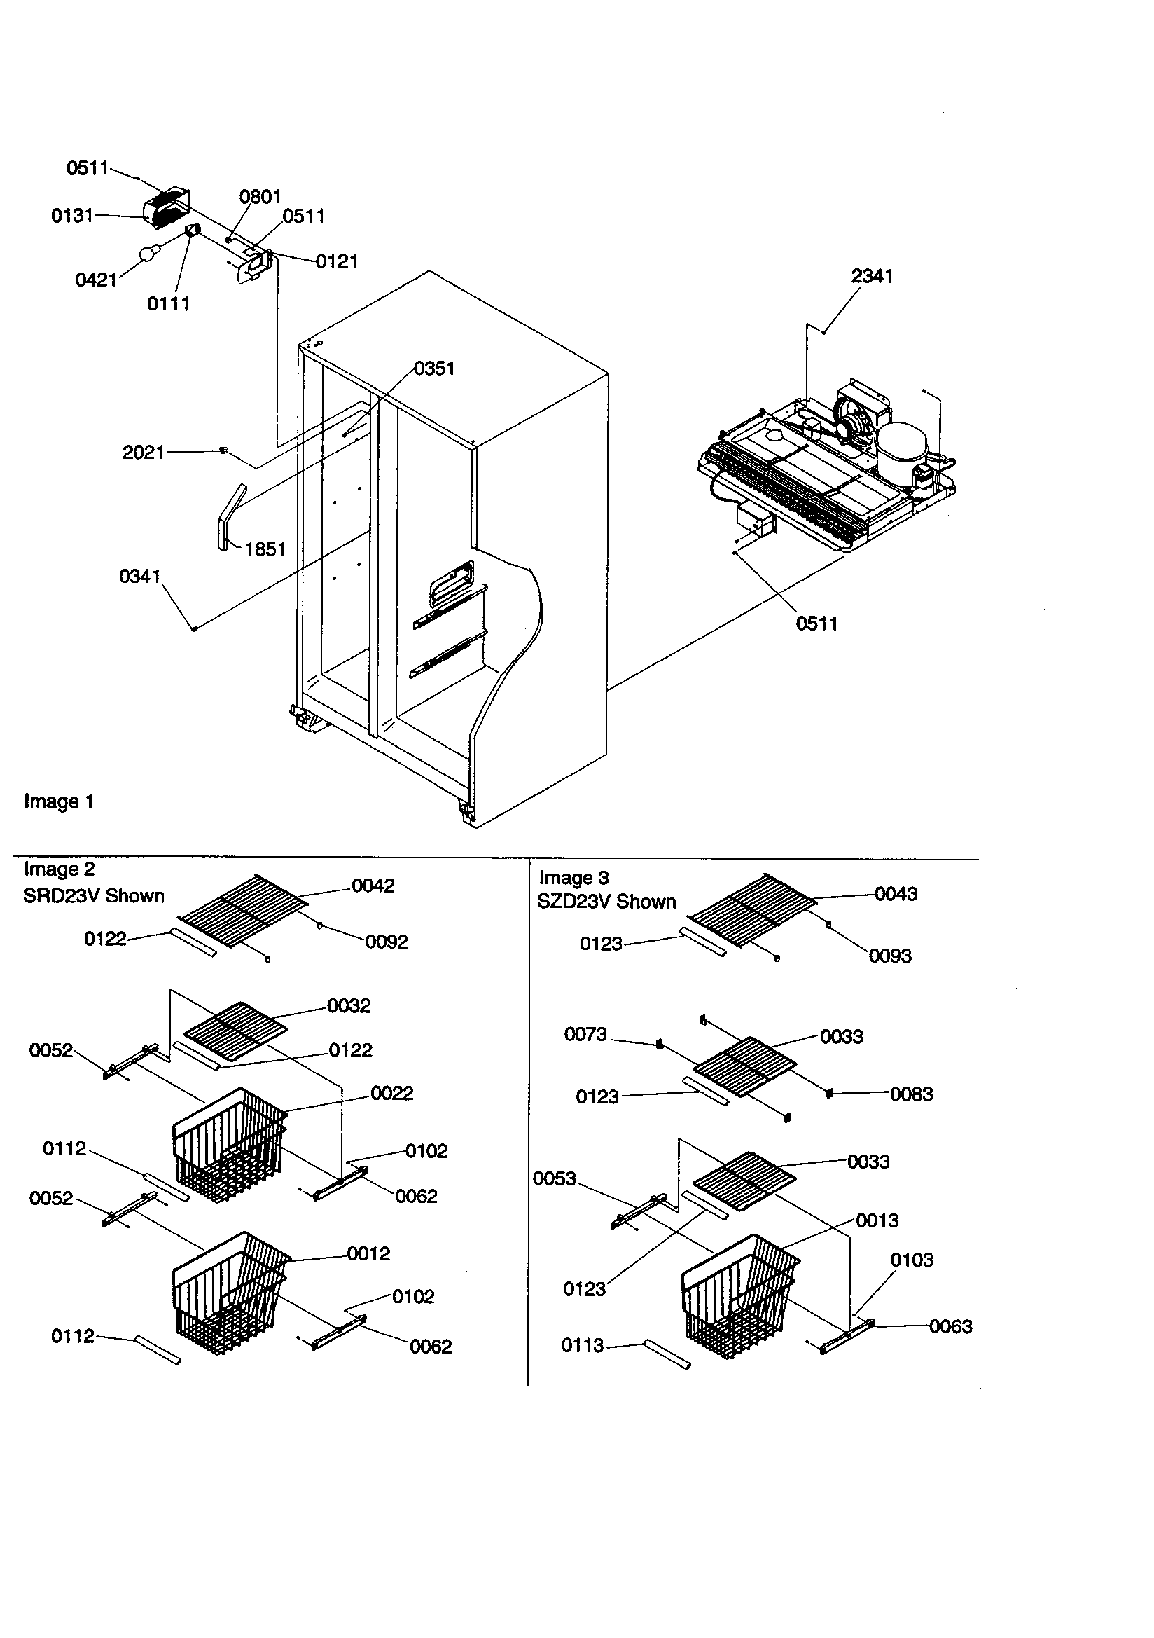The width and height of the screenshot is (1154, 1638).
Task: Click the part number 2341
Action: (x=872, y=276)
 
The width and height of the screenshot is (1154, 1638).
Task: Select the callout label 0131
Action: (x=72, y=216)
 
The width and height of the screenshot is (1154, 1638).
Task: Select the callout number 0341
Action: (x=140, y=576)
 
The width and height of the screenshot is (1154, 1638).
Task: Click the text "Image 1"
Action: (x=59, y=801)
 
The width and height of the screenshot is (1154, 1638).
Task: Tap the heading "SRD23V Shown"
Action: (x=93, y=895)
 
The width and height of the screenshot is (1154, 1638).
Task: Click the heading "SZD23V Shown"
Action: (x=606, y=902)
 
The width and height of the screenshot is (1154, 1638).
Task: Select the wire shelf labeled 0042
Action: (x=242, y=911)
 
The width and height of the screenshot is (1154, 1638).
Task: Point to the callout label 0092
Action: (x=386, y=942)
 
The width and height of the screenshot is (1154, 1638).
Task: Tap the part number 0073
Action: (x=585, y=1034)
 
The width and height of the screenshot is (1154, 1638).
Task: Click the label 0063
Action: (x=950, y=1326)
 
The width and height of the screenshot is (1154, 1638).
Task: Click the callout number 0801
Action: (x=260, y=196)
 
